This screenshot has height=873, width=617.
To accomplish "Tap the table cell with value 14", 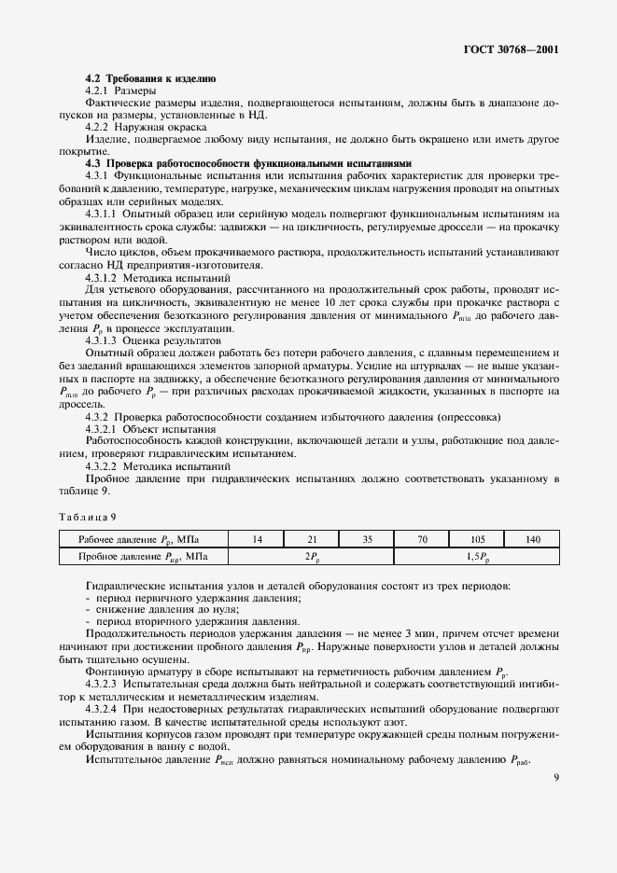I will tap(256, 538).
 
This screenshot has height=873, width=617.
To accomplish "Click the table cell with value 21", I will tap(311, 538).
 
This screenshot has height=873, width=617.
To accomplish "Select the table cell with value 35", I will tap(366, 538).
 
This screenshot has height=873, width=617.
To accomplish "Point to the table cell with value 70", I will tap(422, 538).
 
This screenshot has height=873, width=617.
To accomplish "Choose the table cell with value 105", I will tap(477, 538).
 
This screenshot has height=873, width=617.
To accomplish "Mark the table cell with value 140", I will tap(532, 538).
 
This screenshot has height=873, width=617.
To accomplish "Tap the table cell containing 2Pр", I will tap(311, 557).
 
